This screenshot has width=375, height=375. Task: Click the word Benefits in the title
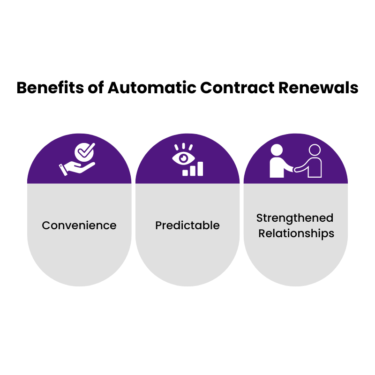[50, 88]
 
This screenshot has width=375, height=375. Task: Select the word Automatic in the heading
[152, 88]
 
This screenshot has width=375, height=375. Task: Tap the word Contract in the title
[237, 88]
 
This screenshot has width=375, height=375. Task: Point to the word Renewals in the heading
[318, 88]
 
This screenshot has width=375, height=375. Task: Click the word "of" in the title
[96, 88]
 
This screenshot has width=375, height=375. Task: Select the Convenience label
[79, 225]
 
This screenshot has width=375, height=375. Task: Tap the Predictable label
[187, 225]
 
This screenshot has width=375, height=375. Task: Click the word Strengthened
[295, 218]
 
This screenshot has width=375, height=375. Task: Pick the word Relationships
[296, 233]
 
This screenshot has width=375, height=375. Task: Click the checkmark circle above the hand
[84, 152]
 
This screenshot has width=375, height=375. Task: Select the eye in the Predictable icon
[183, 158]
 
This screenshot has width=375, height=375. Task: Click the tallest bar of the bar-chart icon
[200, 169]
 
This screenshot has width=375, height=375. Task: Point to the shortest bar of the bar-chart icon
[185, 173]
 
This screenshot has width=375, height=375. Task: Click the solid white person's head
[277, 150]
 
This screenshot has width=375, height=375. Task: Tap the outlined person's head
[315, 150]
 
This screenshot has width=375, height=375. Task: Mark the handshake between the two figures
[295, 170]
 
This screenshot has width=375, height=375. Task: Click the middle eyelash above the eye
[183, 146]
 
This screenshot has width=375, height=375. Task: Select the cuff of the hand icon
[63, 170]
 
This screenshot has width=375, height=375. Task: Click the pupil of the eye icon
[183, 158]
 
